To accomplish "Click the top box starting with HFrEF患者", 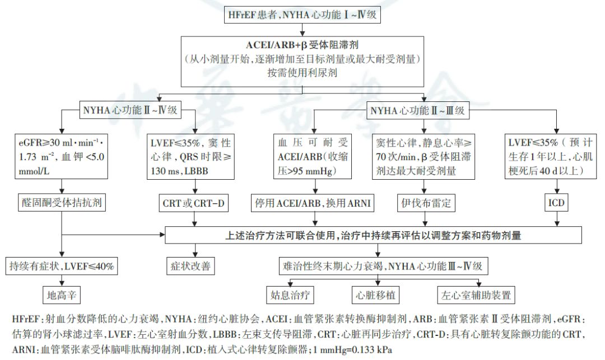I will pos(302,15).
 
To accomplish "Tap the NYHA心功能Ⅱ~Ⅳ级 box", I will pos(130,110).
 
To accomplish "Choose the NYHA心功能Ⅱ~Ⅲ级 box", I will pos(417,110).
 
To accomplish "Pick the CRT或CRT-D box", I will pos(194,203).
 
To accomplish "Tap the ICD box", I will pos(556,203).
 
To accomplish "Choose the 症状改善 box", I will pos(190,266).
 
